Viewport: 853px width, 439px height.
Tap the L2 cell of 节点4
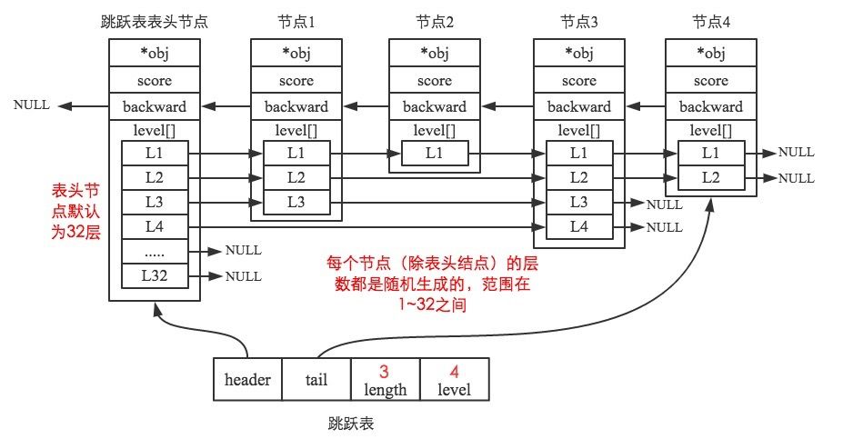[x=710, y=178]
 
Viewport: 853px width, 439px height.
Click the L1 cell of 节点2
[x=435, y=154]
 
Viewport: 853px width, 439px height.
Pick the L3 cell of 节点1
[x=296, y=202]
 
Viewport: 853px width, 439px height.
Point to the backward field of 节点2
[x=435, y=106]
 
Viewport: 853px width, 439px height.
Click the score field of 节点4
[x=710, y=81]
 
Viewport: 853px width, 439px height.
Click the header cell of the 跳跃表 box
[x=247, y=379]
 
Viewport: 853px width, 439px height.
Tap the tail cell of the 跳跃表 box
[x=316, y=379]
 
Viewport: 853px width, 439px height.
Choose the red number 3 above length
[x=384, y=371]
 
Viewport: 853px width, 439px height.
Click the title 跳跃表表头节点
[x=155, y=21]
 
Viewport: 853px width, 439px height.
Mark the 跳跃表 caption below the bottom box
[x=351, y=424]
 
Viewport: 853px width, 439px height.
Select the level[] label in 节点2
[x=435, y=130]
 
